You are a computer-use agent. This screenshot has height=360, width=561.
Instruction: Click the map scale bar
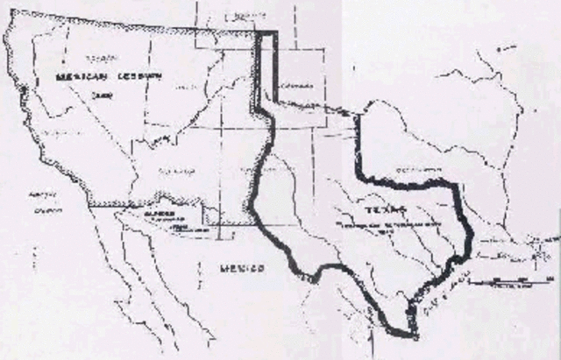[x=517, y=279]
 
